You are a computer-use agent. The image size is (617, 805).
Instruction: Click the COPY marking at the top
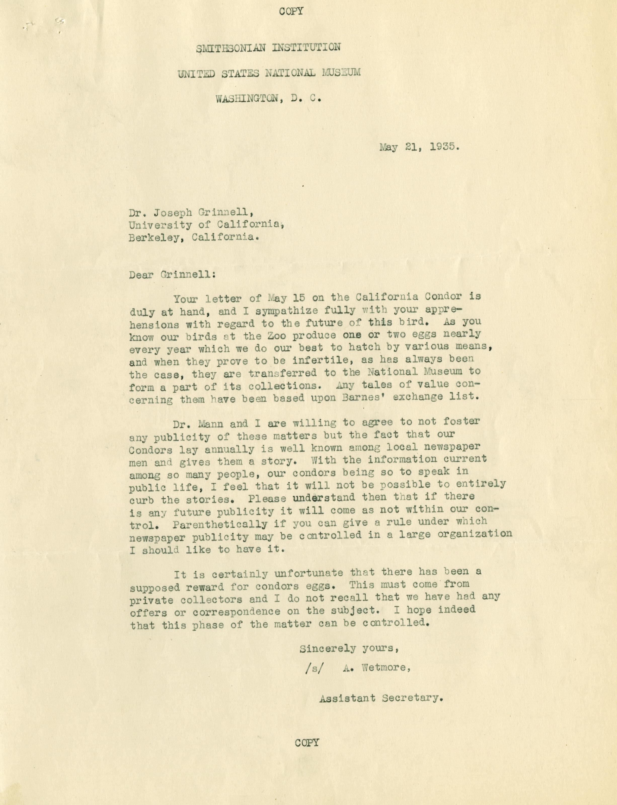tap(291, 11)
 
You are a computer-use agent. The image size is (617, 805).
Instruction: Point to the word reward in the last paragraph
tap(206, 587)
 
